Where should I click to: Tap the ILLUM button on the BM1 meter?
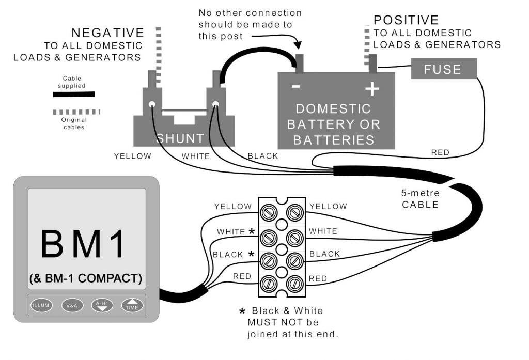pyautogui.click(x=41, y=305)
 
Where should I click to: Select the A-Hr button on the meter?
pyautogui.click(x=102, y=305)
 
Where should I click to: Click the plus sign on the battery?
pyautogui.click(x=371, y=89)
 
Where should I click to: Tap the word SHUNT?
pyautogui.click(x=180, y=138)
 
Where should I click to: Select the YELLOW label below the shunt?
pyautogui.click(x=133, y=156)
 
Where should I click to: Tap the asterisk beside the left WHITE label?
pyautogui.click(x=252, y=231)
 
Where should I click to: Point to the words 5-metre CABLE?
pyautogui.click(x=421, y=199)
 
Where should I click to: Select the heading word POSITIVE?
pyautogui.click(x=406, y=21)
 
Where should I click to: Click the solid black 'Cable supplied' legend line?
pyautogui.click(x=74, y=94)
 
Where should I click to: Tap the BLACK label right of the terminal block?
pyautogui.click(x=324, y=254)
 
